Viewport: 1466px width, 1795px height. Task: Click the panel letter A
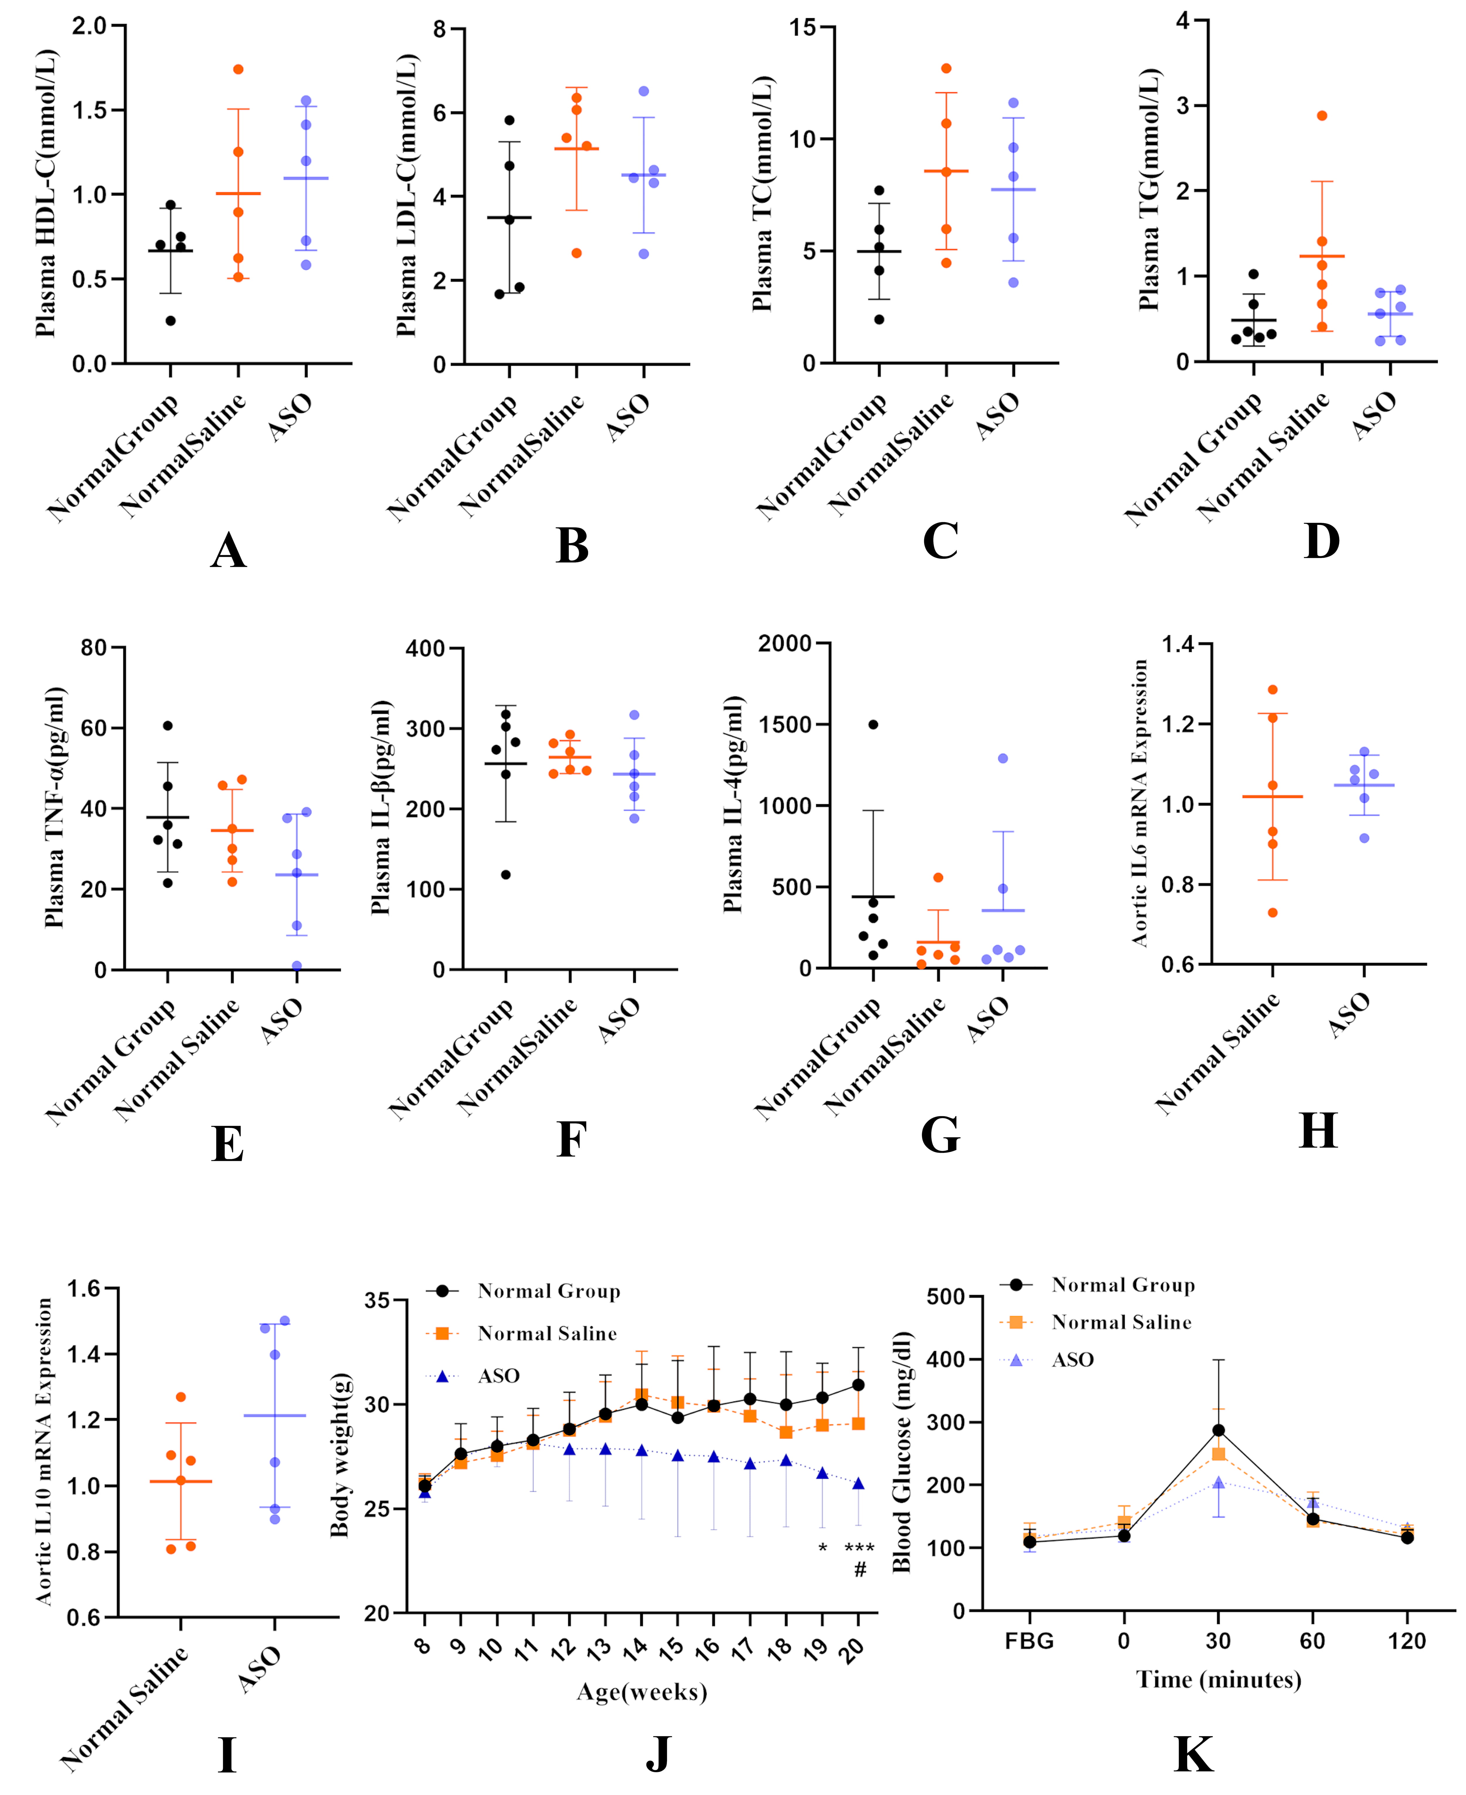[228, 552]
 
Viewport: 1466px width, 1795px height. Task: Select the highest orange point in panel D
[1321, 116]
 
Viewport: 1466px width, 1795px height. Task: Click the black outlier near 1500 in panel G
[873, 725]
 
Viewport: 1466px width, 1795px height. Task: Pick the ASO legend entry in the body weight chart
[498, 1376]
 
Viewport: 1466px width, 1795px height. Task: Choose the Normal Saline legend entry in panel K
[1121, 1322]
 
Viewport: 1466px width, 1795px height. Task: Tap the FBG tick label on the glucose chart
[1029, 1640]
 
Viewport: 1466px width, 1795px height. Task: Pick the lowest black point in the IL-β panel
[506, 875]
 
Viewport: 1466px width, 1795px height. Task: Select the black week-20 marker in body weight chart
[859, 1385]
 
